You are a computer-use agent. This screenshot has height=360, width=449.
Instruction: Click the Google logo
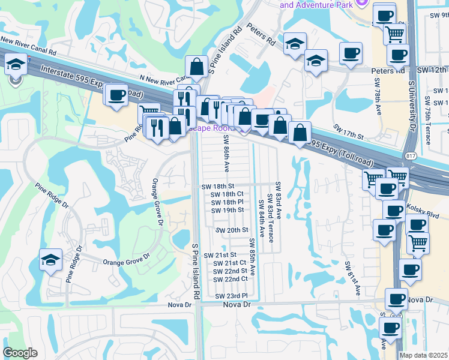(20, 353)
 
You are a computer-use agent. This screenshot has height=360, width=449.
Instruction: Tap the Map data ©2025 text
(424, 355)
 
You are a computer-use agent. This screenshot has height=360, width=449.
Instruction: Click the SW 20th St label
(232, 230)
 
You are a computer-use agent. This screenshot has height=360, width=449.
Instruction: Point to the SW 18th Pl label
(228, 202)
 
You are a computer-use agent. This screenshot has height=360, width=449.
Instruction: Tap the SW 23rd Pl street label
(231, 296)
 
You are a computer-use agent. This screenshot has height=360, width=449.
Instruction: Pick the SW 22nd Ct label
(231, 279)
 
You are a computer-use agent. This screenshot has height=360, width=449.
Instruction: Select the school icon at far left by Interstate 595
(15, 65)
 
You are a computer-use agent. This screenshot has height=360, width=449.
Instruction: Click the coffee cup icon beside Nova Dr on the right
(396, 299)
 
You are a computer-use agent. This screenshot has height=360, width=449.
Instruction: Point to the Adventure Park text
(316, 4)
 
